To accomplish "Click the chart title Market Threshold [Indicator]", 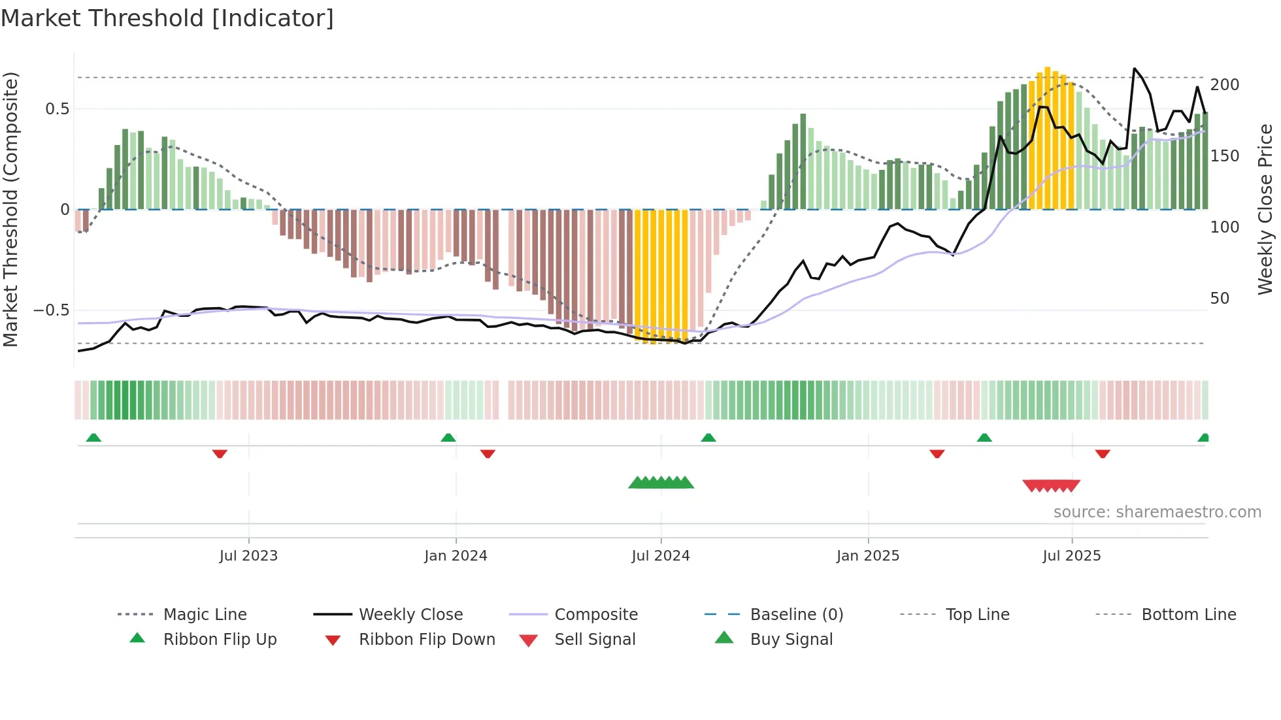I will click(167, 18).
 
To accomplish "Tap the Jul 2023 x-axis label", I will click(248, 556).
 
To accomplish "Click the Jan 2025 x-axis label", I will click(868, 556).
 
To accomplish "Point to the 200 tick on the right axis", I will click(1224, 85).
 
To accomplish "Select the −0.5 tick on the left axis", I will click(51, 310).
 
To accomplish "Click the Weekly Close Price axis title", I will click(1265, 209).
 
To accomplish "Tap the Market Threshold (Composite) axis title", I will click(10, 209).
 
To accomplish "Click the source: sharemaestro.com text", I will click(1157, 512).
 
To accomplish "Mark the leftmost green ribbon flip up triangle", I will click(93, 438).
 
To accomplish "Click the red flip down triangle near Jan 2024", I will click(488, 453).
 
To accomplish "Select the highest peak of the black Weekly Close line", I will click(1134, 69).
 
